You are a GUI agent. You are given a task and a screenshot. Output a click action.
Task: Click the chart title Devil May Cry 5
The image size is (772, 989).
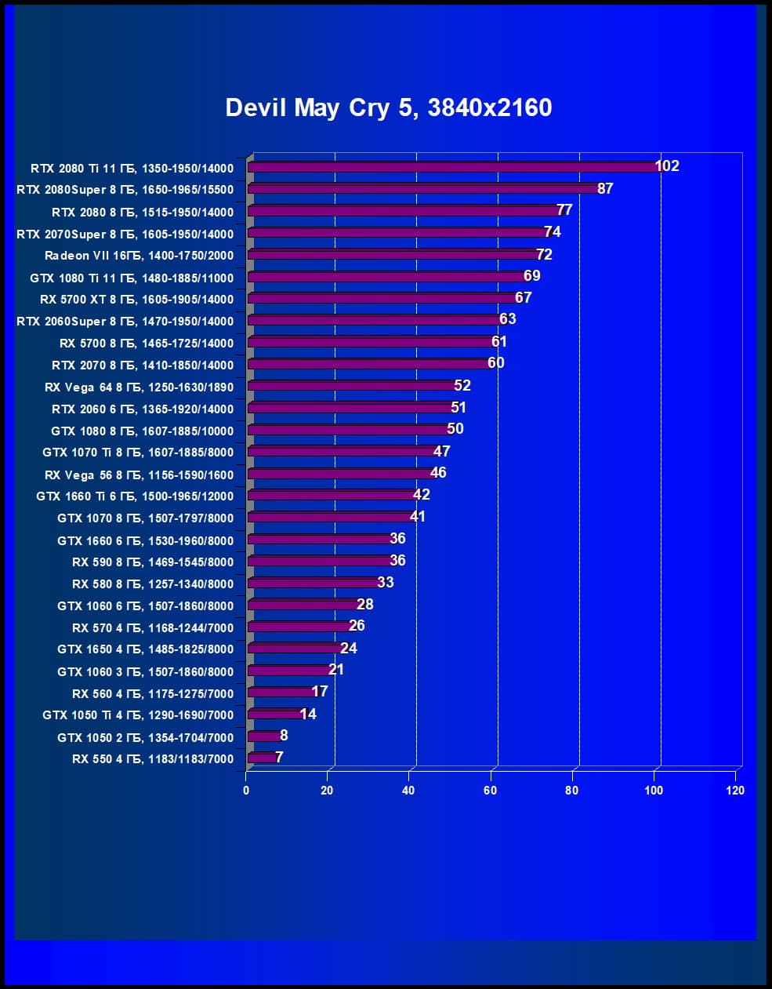[x=388, y=107]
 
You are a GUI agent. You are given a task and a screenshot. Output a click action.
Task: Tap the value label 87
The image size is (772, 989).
[x=605, y=188]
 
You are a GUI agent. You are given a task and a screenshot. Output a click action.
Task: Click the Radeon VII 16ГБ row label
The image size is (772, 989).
[x=139, y=256]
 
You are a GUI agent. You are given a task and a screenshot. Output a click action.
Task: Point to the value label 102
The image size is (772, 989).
[x=667, y=166]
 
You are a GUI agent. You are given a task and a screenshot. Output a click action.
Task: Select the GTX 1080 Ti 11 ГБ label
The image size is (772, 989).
[x=132, y=278]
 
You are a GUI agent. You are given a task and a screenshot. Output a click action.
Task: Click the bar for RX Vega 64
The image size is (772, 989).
[x=352, y=387]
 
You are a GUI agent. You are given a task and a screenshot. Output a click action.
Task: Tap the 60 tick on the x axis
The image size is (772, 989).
[x=491, y=791]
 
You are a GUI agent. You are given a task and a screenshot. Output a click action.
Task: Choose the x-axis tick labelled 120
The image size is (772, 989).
[x=735, y=791]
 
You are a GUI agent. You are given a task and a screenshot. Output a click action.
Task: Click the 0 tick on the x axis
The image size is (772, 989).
[x=246, y=791]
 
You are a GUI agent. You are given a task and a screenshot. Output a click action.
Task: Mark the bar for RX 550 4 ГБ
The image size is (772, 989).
[x=262, y=758]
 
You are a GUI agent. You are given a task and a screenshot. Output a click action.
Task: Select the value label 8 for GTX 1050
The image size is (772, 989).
[x=284, y=736]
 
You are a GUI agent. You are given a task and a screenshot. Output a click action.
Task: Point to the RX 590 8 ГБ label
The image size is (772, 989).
[x=153, y=562]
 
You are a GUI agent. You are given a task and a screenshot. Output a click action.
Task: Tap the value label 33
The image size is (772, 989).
[x=386, y=583]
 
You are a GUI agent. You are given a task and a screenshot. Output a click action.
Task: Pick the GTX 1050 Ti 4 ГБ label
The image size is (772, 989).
[x=138, y=715]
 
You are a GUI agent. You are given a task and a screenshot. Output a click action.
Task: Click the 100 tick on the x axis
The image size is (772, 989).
[x=654, y=791]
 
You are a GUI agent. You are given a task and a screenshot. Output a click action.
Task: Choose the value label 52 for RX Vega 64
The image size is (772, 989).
[x=462, y=385]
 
